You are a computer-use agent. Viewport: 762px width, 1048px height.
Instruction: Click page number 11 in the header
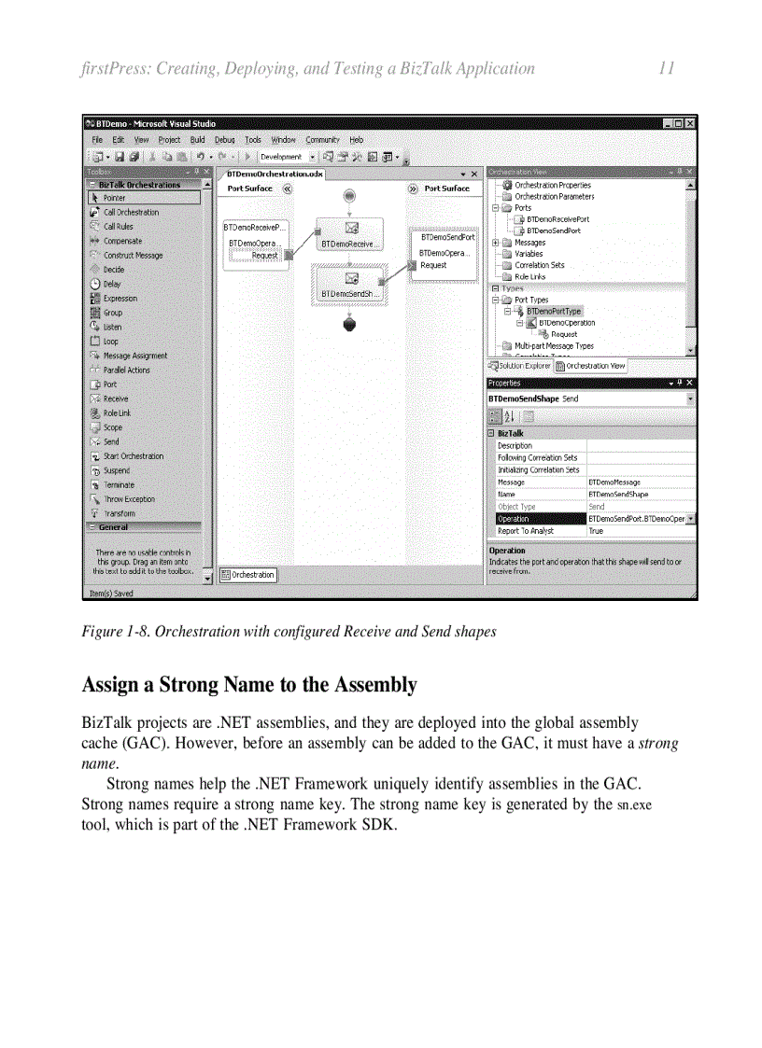pyautogui.click(x=666, y=68)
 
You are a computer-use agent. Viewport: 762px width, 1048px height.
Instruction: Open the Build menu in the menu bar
pyautogui.click(x=197, y=140)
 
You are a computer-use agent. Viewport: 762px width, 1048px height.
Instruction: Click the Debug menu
pyautogui.click(x=225, y=140)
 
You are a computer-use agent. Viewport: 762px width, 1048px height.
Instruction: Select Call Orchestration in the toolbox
pyautogui.click(x=131, y=212)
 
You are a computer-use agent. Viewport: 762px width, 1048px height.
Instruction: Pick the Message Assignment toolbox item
pyautogui.click(x=135, y=356)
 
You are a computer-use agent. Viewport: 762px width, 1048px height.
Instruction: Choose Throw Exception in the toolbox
pyautogui.click(x=129, y=499)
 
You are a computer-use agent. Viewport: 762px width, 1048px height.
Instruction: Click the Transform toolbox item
pyautogui.click(x=119, y=513)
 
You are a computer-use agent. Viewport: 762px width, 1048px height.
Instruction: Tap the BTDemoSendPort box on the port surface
pyautogui.click(x=447, y=238)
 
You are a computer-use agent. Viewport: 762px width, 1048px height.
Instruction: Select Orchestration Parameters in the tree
pyautogui.click(x=554, y=197)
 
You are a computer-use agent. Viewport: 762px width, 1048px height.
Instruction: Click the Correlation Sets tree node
pyautogui.click(x=539, y=265)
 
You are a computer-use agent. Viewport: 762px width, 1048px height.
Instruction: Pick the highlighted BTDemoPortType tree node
pyautogui.click(x=553, y=312)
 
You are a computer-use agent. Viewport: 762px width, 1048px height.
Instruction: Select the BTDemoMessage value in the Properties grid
pyautogui.click(x=614, y=482)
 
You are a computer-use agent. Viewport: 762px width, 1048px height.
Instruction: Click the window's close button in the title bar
pyautogui.click(x=688, y=123)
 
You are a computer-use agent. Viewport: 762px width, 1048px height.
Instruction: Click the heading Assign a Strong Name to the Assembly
pyautogui.click(x=249, y=685)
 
